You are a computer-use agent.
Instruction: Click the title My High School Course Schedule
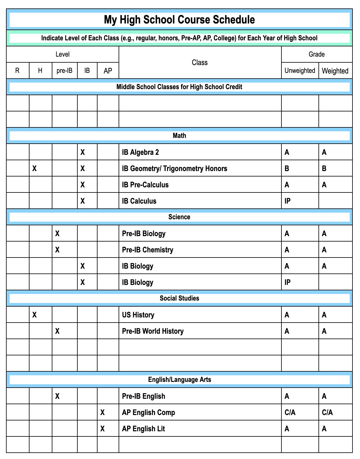click(179, 20)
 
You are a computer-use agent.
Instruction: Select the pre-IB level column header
click(64, 71)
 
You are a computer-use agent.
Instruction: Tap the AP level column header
click(108, 71)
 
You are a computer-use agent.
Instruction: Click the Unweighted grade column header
click(300, 71)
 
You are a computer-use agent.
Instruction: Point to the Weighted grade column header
click(335, 71)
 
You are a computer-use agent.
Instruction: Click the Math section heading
click(179, 136)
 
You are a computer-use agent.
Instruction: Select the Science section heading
click(179, 217)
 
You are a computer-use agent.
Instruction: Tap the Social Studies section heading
click(179, 298)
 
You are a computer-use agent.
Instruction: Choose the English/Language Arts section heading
click(179, 379)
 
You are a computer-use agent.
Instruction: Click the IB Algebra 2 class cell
click(140, 152)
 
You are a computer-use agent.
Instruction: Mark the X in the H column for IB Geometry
click(35, 168)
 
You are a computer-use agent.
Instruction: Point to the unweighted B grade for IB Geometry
click(287, 168)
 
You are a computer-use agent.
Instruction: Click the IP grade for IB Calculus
click(287, 201)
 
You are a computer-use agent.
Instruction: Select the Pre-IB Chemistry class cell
click(147, 250)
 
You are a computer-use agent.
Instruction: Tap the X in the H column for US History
click(35, 315)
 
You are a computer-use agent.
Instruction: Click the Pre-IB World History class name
click(153, 331)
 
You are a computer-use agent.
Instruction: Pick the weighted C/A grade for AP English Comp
click(327, 412)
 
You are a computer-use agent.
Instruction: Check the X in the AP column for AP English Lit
click(103, 429)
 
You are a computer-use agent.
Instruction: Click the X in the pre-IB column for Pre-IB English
click(57, 396)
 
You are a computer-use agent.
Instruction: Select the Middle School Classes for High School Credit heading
click(179, 87)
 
